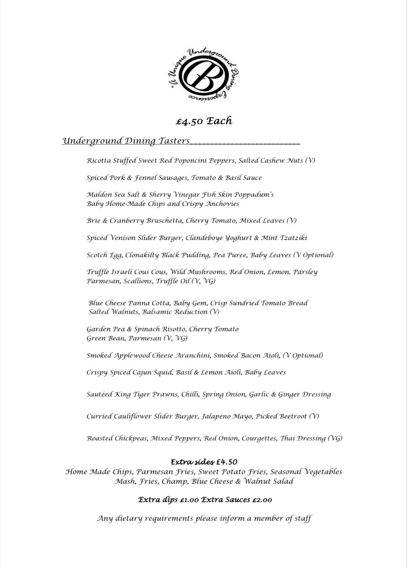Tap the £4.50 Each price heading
tap(203, 121)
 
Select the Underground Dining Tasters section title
tap(126, 141)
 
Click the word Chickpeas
tap(132, 438)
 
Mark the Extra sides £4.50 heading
tap(203, 461)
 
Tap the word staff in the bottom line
tap(301, 518)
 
